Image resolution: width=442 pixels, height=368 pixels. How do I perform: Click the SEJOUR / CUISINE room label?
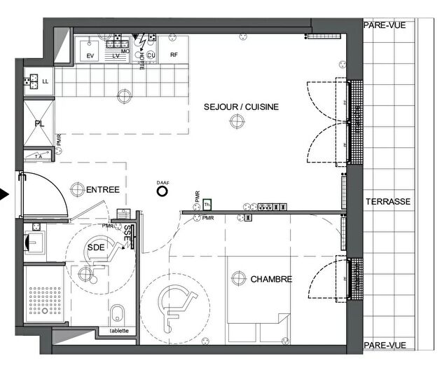tap(241, 107)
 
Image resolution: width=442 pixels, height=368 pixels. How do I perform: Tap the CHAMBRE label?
tap(271, 279)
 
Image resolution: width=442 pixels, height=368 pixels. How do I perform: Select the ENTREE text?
tap(103, 190)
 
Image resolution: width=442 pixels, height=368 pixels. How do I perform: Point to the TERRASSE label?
tap(387, 201)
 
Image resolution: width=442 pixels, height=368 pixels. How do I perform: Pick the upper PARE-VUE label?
tap(383, 25)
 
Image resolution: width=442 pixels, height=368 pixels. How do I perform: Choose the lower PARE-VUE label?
tap(383, 346)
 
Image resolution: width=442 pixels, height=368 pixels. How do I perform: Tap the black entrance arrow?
tap(5, 196)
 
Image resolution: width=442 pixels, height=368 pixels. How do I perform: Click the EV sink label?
tap(90, 55)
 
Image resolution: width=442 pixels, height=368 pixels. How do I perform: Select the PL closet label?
tap(39, 124)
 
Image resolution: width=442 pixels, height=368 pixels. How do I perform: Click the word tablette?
tap(118, 332)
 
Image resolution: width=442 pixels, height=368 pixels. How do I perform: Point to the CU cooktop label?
tap(150, 54)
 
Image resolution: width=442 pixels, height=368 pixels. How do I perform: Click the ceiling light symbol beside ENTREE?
tap(78, 187)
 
